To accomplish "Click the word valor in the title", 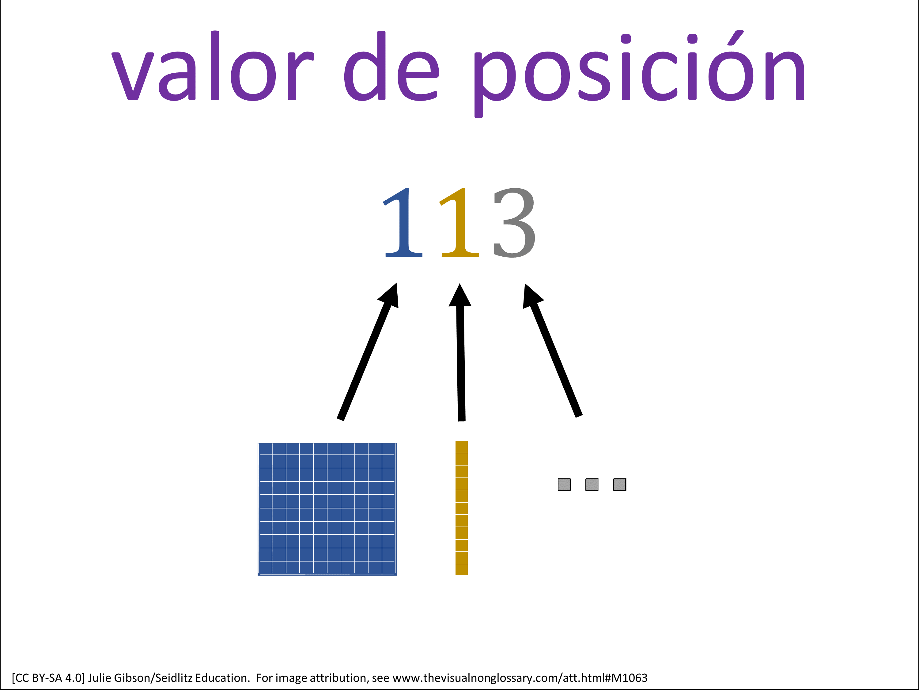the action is pos(212,66).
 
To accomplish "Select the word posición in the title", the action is pos(639,74).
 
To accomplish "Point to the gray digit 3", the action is pos(514,223).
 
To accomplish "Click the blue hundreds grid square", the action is pos(327,509).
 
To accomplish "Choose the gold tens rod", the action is pos(462,508).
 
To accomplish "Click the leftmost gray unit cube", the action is pos(564,485).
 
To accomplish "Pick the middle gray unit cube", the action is pos(592,485).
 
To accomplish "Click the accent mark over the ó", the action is pos(736,38).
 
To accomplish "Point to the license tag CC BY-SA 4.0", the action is pos(48,678).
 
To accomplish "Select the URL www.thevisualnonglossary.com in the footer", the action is pos(476,678).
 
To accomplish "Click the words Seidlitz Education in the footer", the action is pos(202,678).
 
